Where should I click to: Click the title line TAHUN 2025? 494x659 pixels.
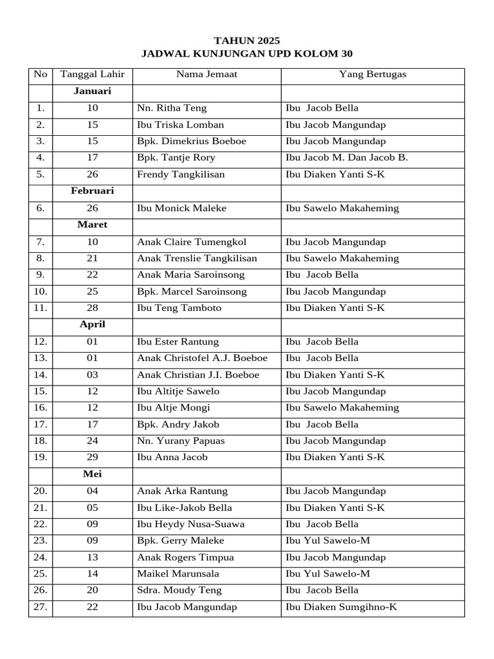[247, 41]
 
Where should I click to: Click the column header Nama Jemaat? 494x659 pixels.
[206, 75]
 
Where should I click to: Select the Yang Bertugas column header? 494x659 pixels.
[372, 75]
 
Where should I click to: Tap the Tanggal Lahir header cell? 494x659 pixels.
[93, 75]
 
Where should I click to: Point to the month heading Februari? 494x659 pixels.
[93, 192]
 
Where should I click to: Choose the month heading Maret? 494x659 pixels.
[93, 225]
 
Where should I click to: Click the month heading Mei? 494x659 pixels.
[93, 474]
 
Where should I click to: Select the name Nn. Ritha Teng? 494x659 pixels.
[172, 108]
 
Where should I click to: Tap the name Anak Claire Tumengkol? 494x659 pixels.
[192, 242]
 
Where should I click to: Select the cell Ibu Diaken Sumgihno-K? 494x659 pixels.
[341, 608]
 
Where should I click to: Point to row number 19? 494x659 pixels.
[41, 458]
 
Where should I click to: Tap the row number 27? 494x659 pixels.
[41, 608]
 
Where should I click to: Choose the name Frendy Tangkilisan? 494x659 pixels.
[181, 175]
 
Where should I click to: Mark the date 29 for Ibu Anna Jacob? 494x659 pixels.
[93, 458]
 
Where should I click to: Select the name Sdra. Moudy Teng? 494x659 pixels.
[179, 591]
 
